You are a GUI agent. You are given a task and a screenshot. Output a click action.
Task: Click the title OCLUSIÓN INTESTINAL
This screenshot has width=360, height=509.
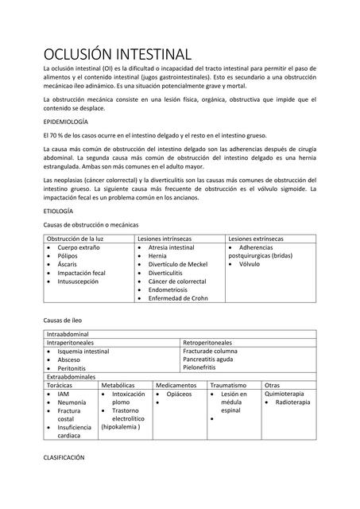click(x=117, y=54)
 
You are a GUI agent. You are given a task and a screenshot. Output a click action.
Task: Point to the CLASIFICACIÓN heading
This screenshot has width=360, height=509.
click(x=64, y=458)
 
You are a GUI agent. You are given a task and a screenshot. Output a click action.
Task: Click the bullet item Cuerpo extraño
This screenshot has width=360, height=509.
click(x=79, y=248)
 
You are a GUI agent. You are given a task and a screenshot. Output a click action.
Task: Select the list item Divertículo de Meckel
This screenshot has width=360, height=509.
click(x=177, y=264)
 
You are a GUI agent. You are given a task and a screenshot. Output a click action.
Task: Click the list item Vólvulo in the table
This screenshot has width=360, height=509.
click(x=250, y=264)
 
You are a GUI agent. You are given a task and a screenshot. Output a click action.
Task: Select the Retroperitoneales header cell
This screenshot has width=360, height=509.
click(x=211, y=342)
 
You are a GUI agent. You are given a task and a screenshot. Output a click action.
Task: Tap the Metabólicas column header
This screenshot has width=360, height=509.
click(x=118, y=385)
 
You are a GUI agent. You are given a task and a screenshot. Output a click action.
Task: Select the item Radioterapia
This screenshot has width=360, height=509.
click(x=292, y=402)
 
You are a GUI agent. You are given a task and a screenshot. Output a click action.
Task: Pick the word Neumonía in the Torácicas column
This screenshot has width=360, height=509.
click(x=72, y=402)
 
